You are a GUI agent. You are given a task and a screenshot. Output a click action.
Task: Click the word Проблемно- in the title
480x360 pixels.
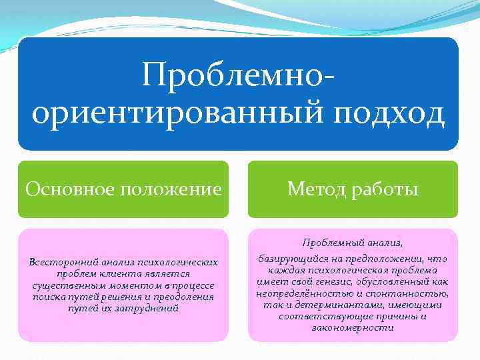coord(237,75)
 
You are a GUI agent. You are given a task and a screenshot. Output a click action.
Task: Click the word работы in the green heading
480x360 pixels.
coord(385,189)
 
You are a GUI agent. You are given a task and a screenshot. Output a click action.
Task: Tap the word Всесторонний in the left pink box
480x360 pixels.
coord(61,261)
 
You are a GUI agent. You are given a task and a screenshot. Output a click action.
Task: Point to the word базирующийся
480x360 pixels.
coord(291,259)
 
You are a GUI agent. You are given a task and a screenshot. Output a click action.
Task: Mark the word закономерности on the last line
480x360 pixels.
coord(353,327)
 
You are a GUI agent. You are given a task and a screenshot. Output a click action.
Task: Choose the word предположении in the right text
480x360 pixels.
coord(383,259)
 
